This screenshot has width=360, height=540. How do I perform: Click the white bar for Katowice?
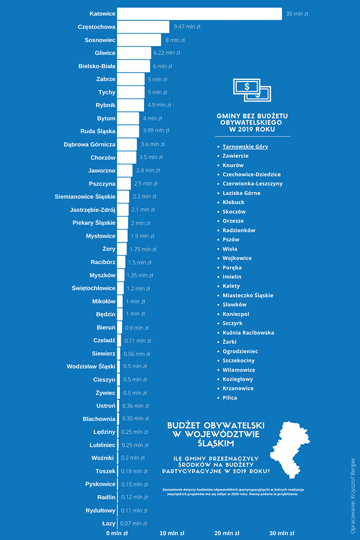(200, 13)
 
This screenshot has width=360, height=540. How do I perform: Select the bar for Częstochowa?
(143, 26)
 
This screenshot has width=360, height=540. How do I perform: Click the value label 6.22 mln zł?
(166, 53)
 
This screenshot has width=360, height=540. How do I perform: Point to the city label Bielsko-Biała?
(97, 66)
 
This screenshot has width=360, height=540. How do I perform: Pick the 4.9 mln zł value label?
(159, 105)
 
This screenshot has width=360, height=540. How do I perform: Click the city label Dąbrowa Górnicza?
(89, 145)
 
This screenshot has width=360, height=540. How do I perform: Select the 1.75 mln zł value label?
(143, 249)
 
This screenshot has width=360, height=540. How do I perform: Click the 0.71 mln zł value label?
(137, 341)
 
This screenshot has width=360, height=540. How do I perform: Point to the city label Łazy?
(109, 524)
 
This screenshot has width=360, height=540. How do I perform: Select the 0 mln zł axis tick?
(117, 533)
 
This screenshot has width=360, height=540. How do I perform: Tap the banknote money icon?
(252, 89)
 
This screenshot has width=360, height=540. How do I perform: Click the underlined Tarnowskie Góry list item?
(245, 147)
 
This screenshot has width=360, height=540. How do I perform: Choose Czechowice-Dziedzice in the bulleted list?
(251, 174)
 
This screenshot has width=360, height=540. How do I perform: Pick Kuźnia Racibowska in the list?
(248, 332)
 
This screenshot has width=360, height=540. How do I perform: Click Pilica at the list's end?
(230, 398)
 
